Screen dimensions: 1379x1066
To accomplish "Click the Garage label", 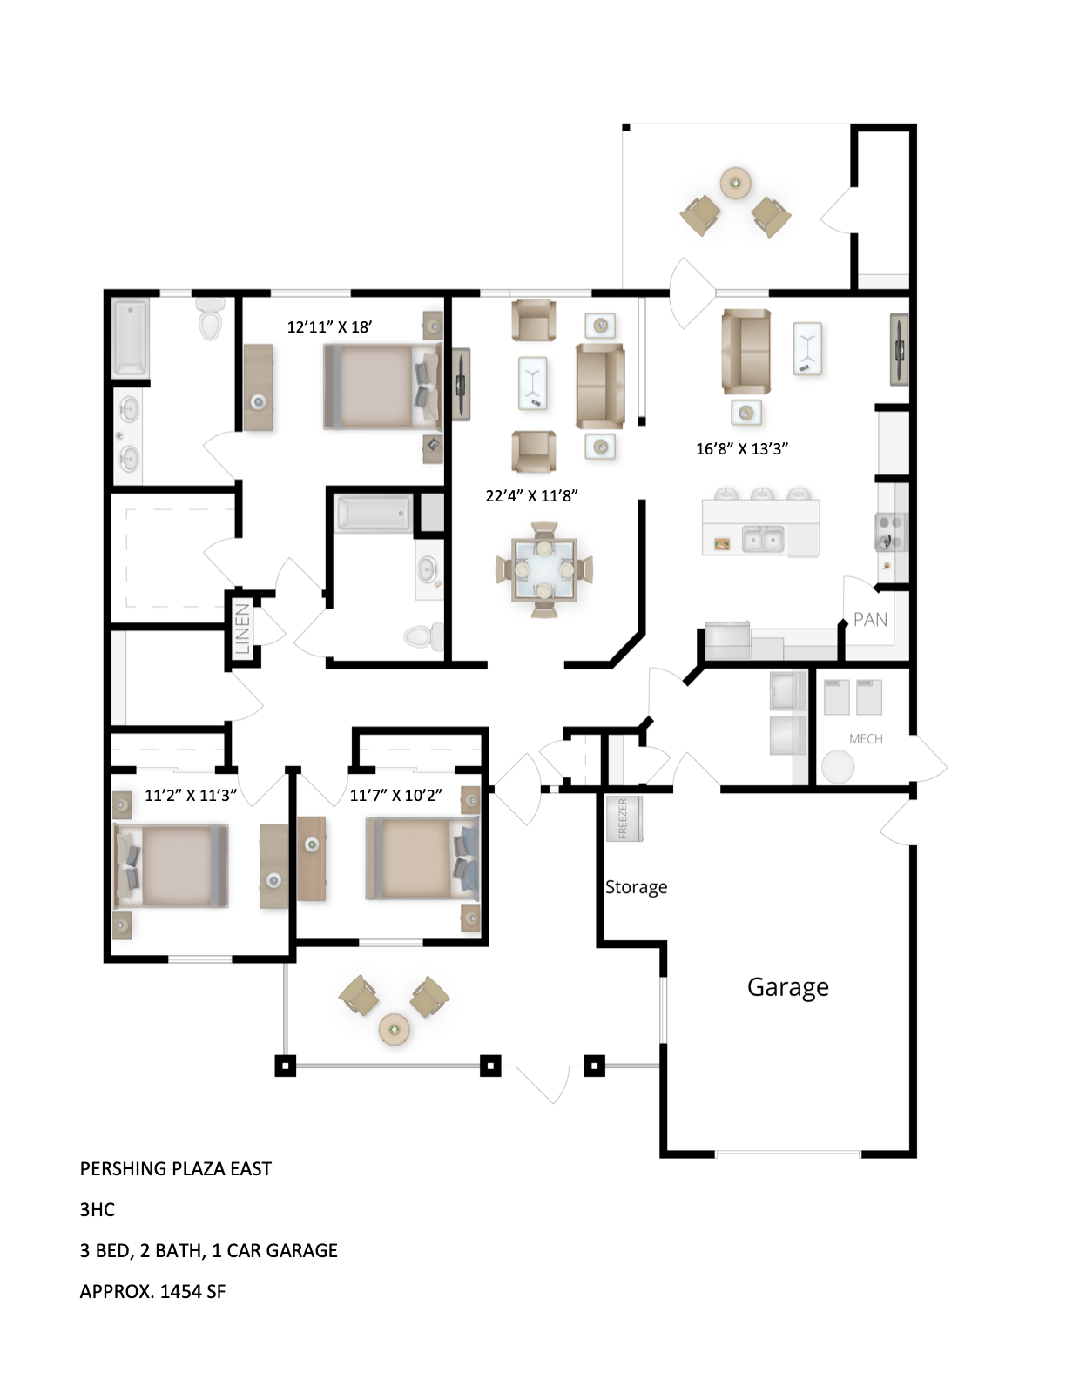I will point(787,987).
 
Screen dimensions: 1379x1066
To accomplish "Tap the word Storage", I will point(636,887).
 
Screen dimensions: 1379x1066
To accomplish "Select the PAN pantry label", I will point(870,620).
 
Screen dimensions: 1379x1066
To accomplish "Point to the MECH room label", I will point(866,739).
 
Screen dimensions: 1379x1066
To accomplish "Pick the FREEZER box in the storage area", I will point(624,819).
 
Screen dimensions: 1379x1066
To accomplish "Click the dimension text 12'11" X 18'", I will point(329,327).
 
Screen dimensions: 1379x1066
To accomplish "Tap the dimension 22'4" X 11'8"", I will point(531,496).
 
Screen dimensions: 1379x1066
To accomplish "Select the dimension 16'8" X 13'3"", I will point(741,449).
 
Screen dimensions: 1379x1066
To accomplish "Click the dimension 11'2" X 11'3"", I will point(190,795).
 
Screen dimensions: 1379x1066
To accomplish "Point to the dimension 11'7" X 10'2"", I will point(395,795).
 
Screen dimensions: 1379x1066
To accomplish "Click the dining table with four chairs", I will point(544,568).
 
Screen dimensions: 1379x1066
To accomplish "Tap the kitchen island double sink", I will point(763,540).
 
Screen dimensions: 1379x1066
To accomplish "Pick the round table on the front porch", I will point(395,1030).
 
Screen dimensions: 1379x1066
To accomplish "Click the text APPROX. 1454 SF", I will point(152,1292).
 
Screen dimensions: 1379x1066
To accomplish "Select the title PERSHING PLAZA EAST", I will point(175,1169).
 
